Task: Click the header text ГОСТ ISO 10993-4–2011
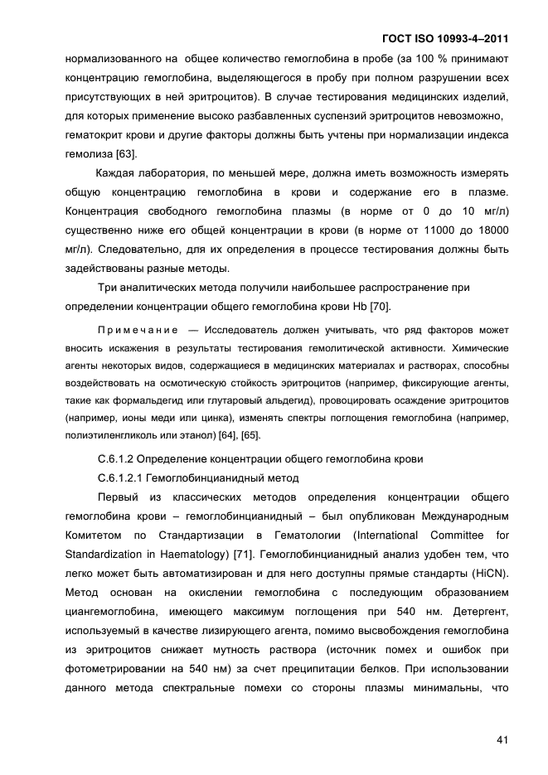[x=444, y=38]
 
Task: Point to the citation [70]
[x=379, y=307]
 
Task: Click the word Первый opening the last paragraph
[x=119, y=497]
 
